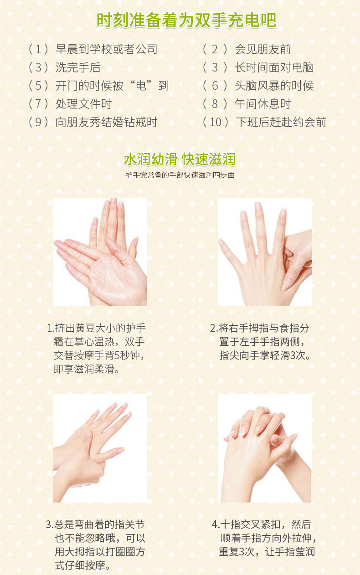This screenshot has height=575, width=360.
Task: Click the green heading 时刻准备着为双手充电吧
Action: tap(186, 20)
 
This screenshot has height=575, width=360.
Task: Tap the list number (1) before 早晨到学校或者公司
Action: tap(38, 49)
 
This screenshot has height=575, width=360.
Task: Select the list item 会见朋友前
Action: tap(262, 49)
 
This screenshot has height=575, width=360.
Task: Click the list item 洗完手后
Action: tap(78, 67)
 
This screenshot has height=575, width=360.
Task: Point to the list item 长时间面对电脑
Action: tap(274, 67)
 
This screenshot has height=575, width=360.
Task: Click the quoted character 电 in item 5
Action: tap(141, 86)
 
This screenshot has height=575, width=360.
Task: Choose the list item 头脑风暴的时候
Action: tap(274, 86)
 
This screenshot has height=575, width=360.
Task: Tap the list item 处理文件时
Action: tap(84, 104)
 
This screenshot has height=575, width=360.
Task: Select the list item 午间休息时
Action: tap(262, 104)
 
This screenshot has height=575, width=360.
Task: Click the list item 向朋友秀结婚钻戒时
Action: tap(106, 122)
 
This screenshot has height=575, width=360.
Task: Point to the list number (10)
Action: tap(216, 122)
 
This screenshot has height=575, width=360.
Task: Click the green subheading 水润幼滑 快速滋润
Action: tap(180, 159)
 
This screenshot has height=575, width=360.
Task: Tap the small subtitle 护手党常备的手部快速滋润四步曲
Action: tap(180, 175)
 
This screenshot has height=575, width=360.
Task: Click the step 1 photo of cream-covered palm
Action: tap(100, 252)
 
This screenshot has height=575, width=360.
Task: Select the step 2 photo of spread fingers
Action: tap(265, 252)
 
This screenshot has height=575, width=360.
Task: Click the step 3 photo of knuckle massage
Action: tap(100, 448)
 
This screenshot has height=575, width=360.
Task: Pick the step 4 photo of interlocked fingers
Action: tap(265, 448)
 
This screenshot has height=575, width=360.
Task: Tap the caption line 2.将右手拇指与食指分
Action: tap(259, 328)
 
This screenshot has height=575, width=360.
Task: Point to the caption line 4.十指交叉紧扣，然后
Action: tap(262, 524)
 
